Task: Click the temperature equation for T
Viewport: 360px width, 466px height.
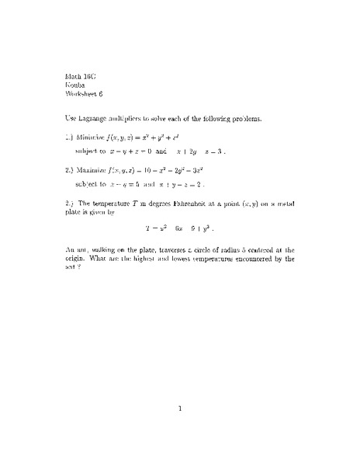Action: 179,228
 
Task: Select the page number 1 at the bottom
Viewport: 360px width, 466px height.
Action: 179,412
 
